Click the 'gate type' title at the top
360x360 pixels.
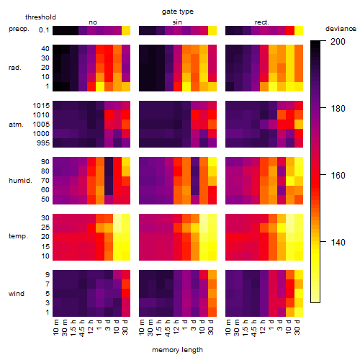pyautogui.click(x=178, y=12)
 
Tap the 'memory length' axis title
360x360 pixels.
pyautogui.click(x=177, y=350)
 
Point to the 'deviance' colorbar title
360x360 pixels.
pyautogui.click(x=341, y=29)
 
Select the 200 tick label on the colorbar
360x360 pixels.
pyautogui.click(x=338, y=42)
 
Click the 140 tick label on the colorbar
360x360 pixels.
pyautogui.click(x=338, y=243)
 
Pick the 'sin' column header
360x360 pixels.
pyautogui.click(x=177, y=22)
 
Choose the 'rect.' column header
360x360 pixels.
pyautogui.click(x=261, y=22)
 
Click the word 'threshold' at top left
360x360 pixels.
pyautogui.click(x=40, y=17)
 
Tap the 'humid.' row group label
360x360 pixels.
pyautogui.click(x=20, y=181)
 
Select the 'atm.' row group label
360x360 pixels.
pyautogui.click(x=16, y=125)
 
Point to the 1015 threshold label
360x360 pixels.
pyautogui.click(x=41, y=106)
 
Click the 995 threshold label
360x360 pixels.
pyautogui.click(x=43, y=143)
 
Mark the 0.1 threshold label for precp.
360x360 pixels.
pyautogui.click(x=44, y=30)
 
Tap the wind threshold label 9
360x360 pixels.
pyautogui.click(x=48, y=275)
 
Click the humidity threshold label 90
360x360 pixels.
pyautogui.click(x=45, y=162)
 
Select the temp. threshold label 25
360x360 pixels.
pyautogui.click(x=45, y=228)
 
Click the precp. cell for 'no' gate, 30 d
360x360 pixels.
pyautogui.click(x=126, y=30)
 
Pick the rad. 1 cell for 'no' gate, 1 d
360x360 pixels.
pyautogui.click(x=100, y=86)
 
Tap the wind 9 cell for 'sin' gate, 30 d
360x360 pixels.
pyautogui.click(x=212, y=275)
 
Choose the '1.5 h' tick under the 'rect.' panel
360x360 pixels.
pyautogui.click(x=247, y=328)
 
